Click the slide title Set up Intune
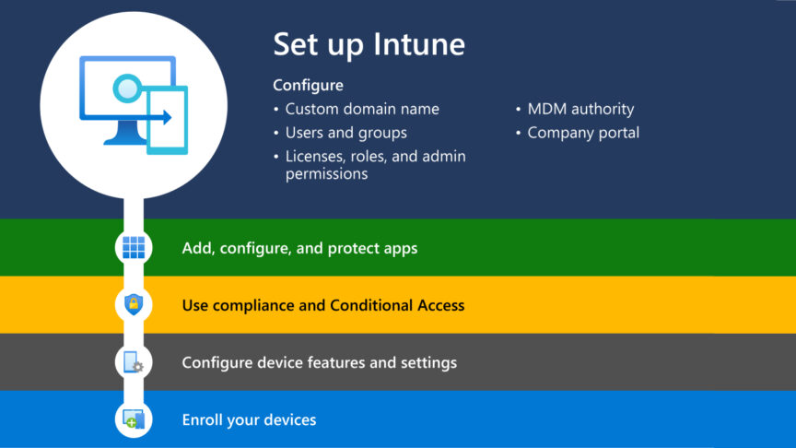tap(369, 44)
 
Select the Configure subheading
tap(308, 85)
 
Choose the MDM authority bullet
tap(580, 109)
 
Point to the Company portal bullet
tap(583, 133)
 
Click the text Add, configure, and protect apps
tap(299, 248)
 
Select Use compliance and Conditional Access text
tap(322, 305)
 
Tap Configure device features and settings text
tap(319, 362)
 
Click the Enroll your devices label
tap(249, 419)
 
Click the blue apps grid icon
tap(134, 247)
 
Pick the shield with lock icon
tap(134, 304)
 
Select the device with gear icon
tap(134, 362)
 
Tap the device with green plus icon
tap(134, 419)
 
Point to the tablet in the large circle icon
tap(169, 120)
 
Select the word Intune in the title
tap(421, 44)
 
